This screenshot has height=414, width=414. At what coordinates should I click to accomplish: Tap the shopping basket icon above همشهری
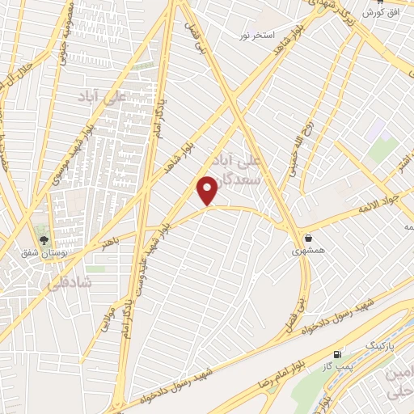(x=310, y=238)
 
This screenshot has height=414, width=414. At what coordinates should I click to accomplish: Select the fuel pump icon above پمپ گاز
(x=337, y=355)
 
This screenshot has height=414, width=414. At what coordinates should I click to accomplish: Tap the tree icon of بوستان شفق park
(x=44, y=240)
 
